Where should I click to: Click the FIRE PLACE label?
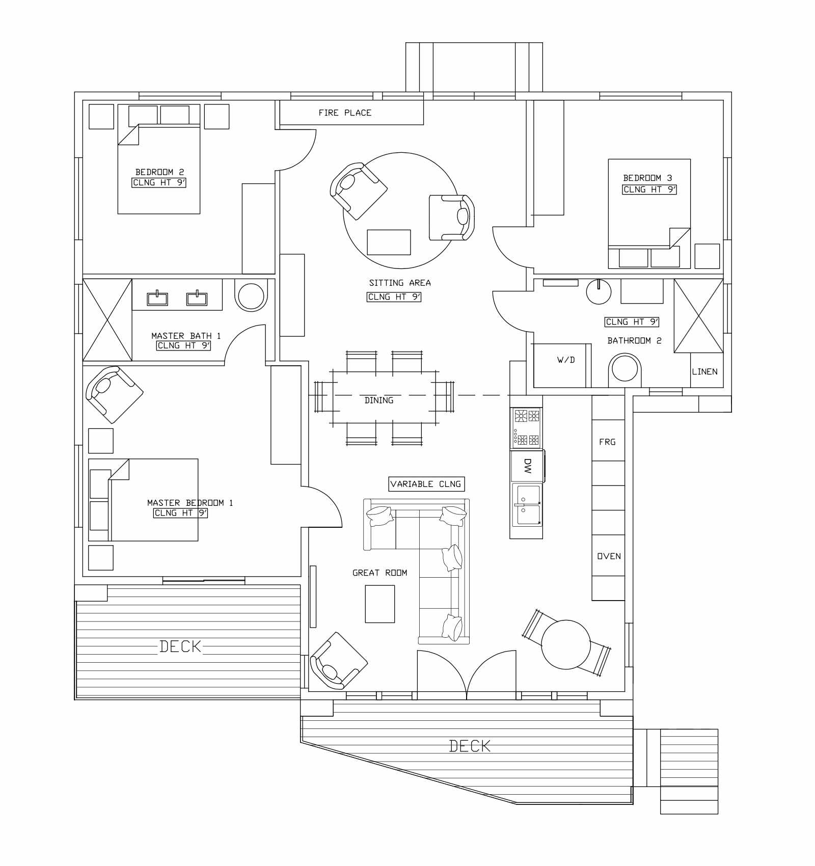click(345, 113)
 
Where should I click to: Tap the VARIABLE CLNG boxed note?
click(426, 484)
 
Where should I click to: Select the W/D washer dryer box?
click(565, 360)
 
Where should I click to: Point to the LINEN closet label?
click(704, 372)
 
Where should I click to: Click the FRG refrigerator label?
click(607, 442)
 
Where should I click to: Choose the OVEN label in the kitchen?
click(609, 556)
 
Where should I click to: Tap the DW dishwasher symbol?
click(527, 466)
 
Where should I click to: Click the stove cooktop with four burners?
click(527, 427)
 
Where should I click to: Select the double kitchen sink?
click(527, 505)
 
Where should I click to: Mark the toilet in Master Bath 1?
click(251, 296)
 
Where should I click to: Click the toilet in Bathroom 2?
click(624, 369)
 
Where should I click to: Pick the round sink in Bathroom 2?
click(599, 291)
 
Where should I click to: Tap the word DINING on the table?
click(379, 400)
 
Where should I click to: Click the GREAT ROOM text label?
click(379, 573)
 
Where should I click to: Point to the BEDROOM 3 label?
click(647, 178)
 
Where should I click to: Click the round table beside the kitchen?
click(565, 644)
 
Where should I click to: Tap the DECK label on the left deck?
click(180, 646)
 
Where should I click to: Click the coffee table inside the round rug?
click(389, 242)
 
